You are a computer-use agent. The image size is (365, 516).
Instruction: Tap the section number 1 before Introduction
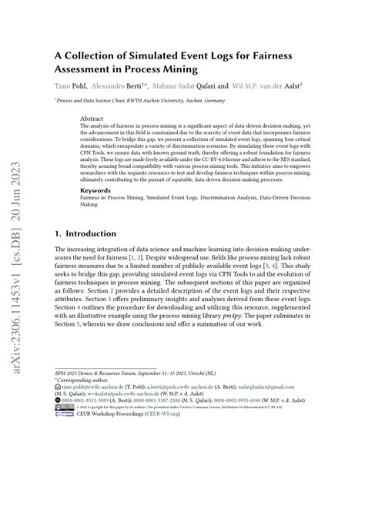click(58, 233)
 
